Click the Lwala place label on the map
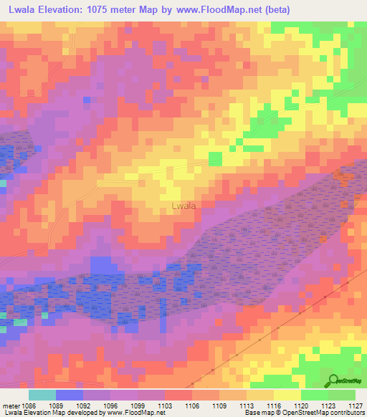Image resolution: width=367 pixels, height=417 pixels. click(184, 206)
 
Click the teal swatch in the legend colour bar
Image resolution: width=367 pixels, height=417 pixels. click(42, 396)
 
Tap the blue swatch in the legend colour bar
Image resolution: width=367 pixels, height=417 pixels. click(69, 396)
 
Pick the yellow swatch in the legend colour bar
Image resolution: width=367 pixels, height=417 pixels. click(287, 396)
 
